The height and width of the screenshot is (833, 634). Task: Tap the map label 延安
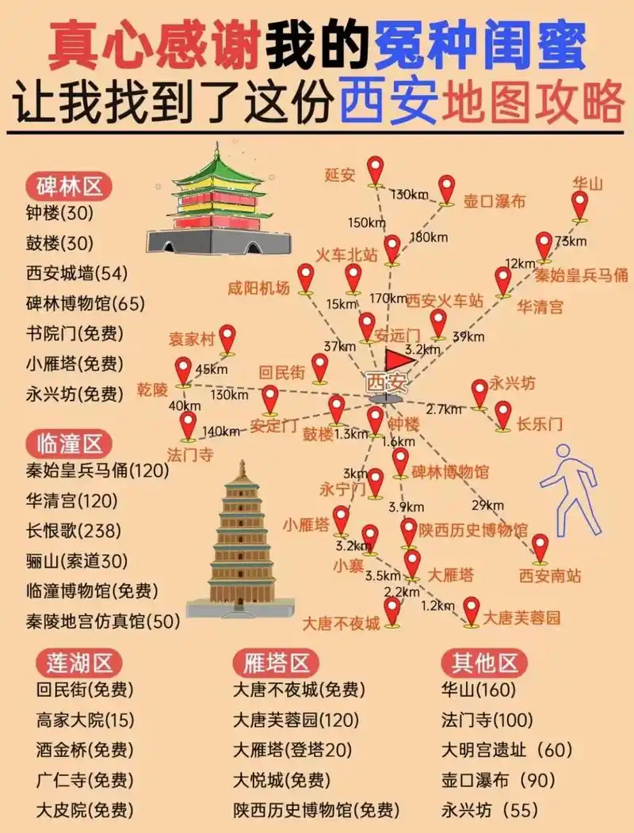point(340,175)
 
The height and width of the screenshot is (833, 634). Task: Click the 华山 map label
point(588,184)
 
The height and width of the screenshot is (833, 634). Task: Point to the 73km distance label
point(571,241)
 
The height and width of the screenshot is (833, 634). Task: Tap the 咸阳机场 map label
point(258,288)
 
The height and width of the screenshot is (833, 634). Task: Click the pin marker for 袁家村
point(227,338)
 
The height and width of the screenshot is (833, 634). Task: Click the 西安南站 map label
point(550,576)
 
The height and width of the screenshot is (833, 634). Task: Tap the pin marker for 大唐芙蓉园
point(472,610)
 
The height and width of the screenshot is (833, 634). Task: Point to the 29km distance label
point(487,505)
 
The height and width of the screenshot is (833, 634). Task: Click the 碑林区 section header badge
point(69,188)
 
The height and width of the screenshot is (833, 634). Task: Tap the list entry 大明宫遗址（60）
point(506,750)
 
